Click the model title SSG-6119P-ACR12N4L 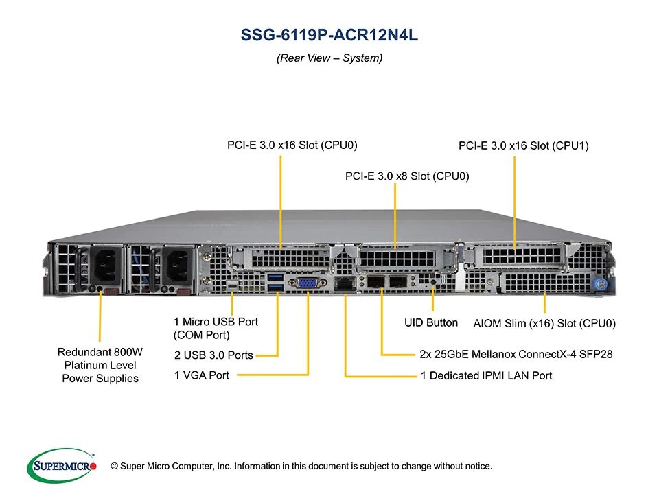pos(329,35)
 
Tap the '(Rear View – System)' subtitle pos(329,58)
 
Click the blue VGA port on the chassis pos(308,283)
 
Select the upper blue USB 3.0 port pos(275,277)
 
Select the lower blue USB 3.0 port pos(275,287)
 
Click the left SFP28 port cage pos(375,281)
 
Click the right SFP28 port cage pos(397,281)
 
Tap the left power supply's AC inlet pos(105,266)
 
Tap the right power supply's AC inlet pos(178,266)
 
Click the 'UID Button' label pos(431,322)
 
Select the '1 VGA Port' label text pos(202,375)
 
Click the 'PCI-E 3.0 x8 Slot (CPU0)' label pos(407,176)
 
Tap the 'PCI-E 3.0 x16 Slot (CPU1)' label pos(524,145)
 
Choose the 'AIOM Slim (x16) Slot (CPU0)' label pos(544,323)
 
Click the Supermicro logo pos(62,465)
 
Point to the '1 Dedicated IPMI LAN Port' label pos(486,375)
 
